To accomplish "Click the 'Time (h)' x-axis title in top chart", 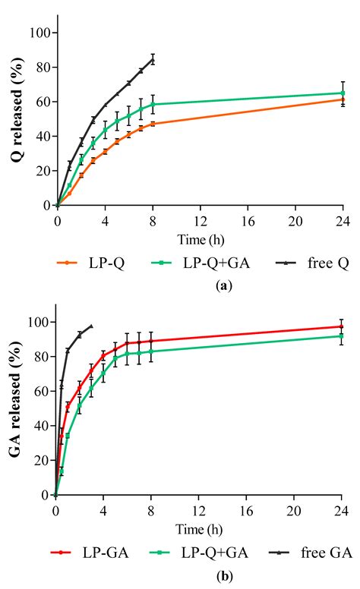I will pos(200,240).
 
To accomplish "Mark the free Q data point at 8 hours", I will pos(153,59).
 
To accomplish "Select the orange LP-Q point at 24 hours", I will pos(343,99).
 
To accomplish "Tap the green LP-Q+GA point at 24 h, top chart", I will pos(343,93).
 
